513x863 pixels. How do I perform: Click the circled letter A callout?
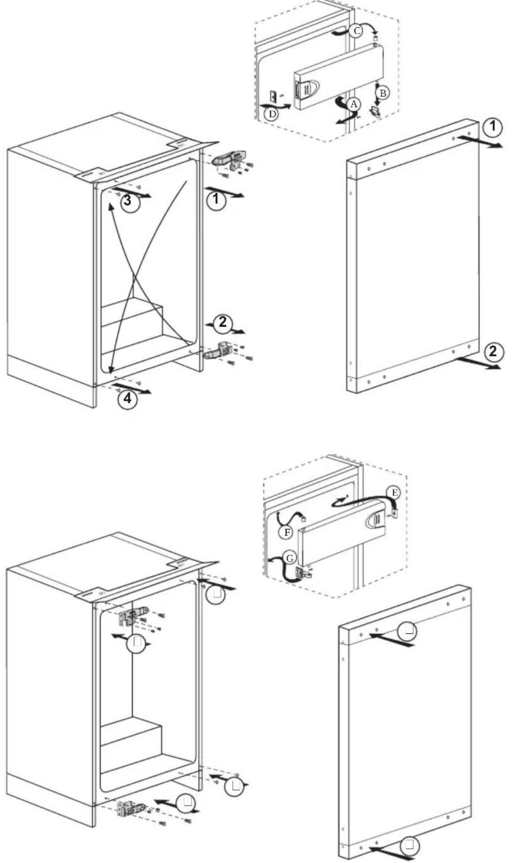tap(354, 104)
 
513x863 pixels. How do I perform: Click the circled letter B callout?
tap(382, 93)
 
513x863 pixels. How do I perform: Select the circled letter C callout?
tap(356, 31)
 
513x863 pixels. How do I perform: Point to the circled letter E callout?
tap(394, 492)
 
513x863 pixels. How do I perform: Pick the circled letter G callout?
tap(290, 558)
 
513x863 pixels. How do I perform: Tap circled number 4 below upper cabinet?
tap(127, 399)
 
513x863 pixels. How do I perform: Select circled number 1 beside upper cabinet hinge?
tap(216, 201)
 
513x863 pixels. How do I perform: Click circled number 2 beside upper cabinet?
tap(222, 322)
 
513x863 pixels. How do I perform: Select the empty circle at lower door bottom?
tap(410, 846)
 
